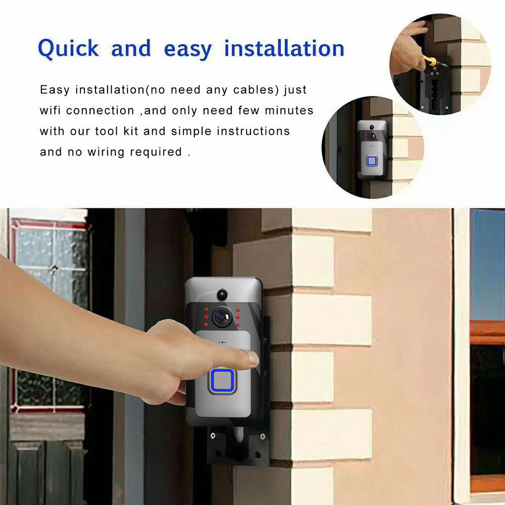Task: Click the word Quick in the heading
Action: pos(68,49)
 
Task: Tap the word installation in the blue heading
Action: pos(284,48)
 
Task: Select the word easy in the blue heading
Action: pos(188,50)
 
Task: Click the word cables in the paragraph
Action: pos(256,90)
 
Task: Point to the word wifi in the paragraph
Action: pos(50,111)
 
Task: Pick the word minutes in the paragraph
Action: pos(289,111)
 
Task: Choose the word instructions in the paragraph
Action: pos(253,131)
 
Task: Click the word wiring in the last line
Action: pos(106,152)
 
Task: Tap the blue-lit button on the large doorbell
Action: pos(222,381)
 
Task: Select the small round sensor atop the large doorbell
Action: pos(222,294)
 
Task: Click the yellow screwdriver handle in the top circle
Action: pos(430,61)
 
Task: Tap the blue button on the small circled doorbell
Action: pos(372,161)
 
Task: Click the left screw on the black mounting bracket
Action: pos(213,436)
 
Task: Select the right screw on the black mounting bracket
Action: pos(263,437)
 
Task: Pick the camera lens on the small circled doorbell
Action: pos(372,136)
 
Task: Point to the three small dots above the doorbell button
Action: pos(222,342)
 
